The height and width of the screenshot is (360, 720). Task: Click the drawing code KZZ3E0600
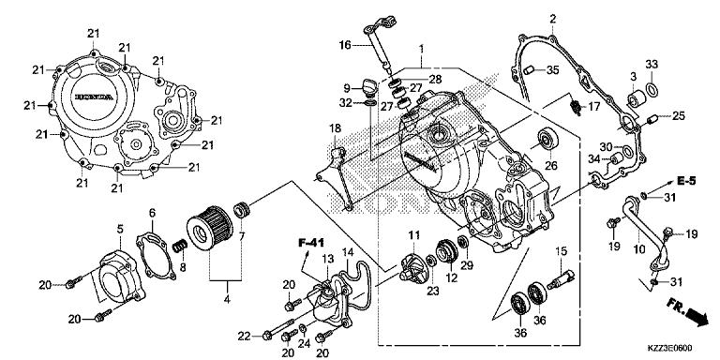pyautogui.click(x=679, y=346)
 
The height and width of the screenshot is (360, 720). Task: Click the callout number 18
pyautogui.click(x=335, y=127)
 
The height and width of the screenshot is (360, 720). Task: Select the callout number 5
pyautogui.click(x=120, y=228)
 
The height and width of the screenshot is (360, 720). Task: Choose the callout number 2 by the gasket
pyautogui.click(x=553, y=19)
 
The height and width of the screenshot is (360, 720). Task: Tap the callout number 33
pyautogui.click(x=651, y=64)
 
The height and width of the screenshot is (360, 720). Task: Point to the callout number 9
pyautogui.click(x=345, y=88)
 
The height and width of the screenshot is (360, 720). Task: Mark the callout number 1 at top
pyautogui.click(x=421, y=48)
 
